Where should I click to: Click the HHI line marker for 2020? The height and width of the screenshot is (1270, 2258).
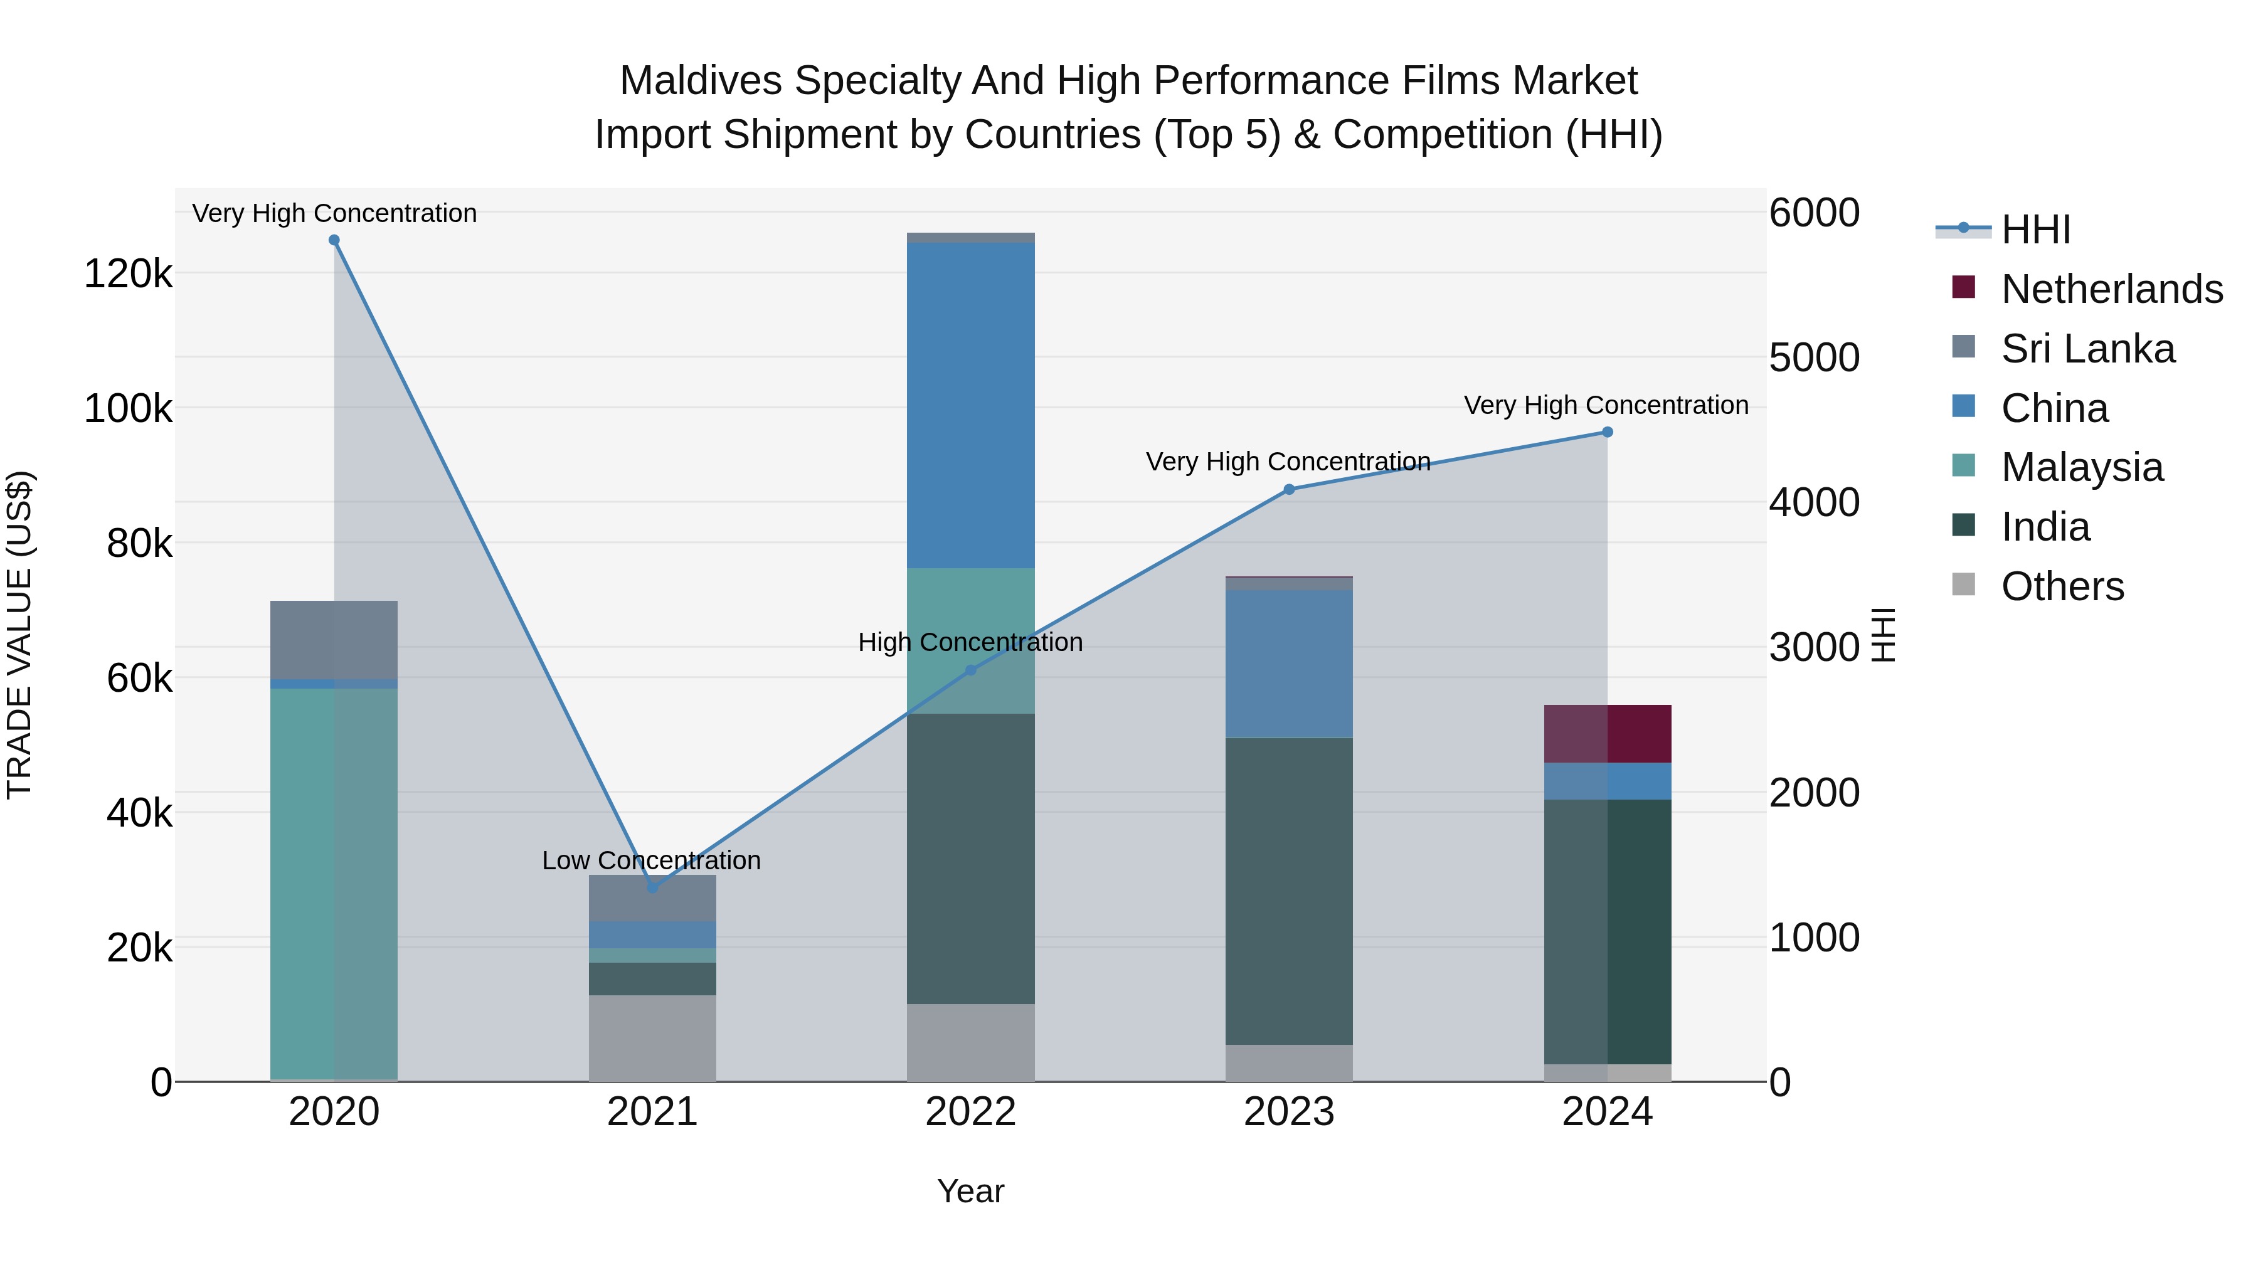coord(334,240)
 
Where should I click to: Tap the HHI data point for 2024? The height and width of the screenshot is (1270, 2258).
coord(1607,432)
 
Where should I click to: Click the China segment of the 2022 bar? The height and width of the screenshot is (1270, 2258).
coord(970,405)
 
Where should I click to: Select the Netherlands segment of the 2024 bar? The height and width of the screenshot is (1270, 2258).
coord(1607,734)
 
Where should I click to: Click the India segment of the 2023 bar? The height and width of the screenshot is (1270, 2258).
coord(1288,891)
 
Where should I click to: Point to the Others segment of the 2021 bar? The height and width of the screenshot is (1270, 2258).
coord(652,1038)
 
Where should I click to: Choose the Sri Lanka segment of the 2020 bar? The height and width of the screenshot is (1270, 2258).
coord(334,639)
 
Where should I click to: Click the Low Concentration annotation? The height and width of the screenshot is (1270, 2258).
coord(651,860)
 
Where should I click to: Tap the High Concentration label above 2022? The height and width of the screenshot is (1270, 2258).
coord(970,642)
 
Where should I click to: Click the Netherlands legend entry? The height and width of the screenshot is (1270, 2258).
coord(2112,289)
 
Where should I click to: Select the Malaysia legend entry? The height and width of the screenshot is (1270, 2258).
coord(2082,467)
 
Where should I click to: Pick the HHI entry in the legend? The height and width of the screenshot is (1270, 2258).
coord(2035,230)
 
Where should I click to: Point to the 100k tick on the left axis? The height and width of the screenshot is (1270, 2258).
coord(128,408)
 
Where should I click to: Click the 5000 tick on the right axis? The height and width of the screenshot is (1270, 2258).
coord(1813,357)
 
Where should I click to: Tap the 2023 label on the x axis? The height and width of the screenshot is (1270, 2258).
coord(1288,1112)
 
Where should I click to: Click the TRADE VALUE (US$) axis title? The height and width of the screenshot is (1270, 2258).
coord(20,635)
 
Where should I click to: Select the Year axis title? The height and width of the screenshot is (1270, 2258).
coord(970,1191)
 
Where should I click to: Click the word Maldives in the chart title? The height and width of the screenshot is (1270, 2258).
coord(701,81)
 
